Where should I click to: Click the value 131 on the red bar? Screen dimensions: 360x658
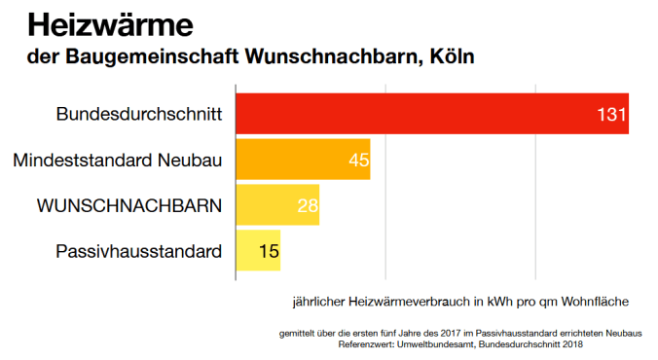tap(610, 115)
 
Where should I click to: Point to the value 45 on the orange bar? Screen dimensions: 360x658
tap(358, 160)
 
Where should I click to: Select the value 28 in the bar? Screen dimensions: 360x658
tap(308, 205)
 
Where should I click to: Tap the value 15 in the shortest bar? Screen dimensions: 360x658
tap(269, 251)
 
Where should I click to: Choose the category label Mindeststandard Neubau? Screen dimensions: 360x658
tap(118, 160)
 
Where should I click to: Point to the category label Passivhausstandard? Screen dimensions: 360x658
tap(139, 251)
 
